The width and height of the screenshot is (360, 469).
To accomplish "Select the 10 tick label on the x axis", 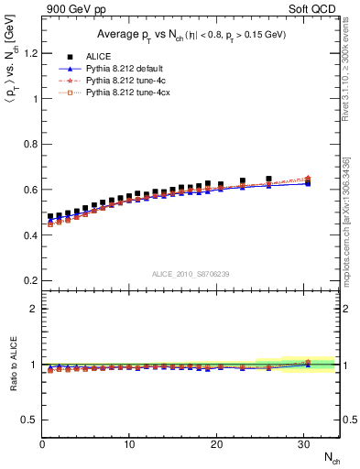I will pyautogui.click(x=130, y=442).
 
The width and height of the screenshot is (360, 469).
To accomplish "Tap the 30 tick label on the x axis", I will pyautogui.click(x=303, y=442).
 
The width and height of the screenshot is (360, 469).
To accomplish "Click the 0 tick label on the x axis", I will pyautogui.click(x=42, y=442).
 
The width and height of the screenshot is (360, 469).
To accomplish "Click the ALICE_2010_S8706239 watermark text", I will pyautogui.click(x=190, y=273).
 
